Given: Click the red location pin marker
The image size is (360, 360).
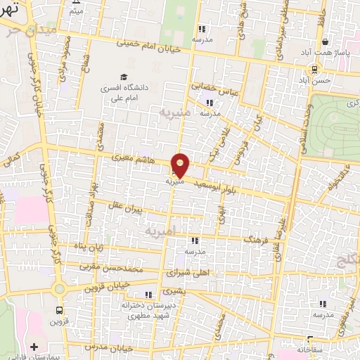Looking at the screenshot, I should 181,165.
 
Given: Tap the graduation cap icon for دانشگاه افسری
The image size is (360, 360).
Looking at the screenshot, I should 124,77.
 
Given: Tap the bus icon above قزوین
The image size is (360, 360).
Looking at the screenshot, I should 58,309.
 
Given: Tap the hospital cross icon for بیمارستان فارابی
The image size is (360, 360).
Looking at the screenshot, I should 34,347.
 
